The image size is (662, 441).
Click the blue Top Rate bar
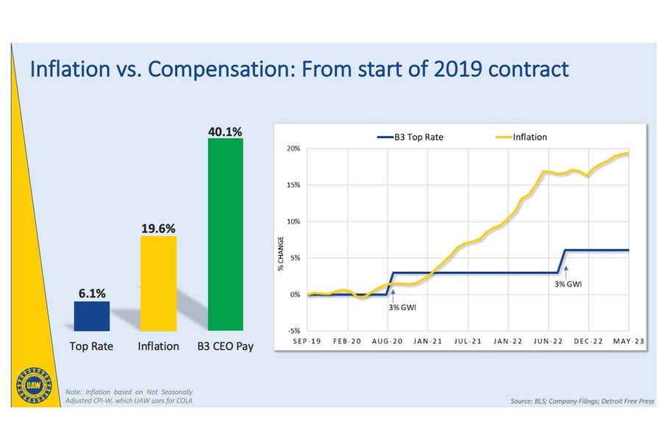point(92,315)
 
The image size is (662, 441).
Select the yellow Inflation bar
point(158,283)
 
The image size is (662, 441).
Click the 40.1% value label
point(225,132)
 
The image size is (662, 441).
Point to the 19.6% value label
point(158,229)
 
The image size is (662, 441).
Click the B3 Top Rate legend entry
point(412,137)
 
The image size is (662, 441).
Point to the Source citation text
point(581,401)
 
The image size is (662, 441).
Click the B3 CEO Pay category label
point(225,345)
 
